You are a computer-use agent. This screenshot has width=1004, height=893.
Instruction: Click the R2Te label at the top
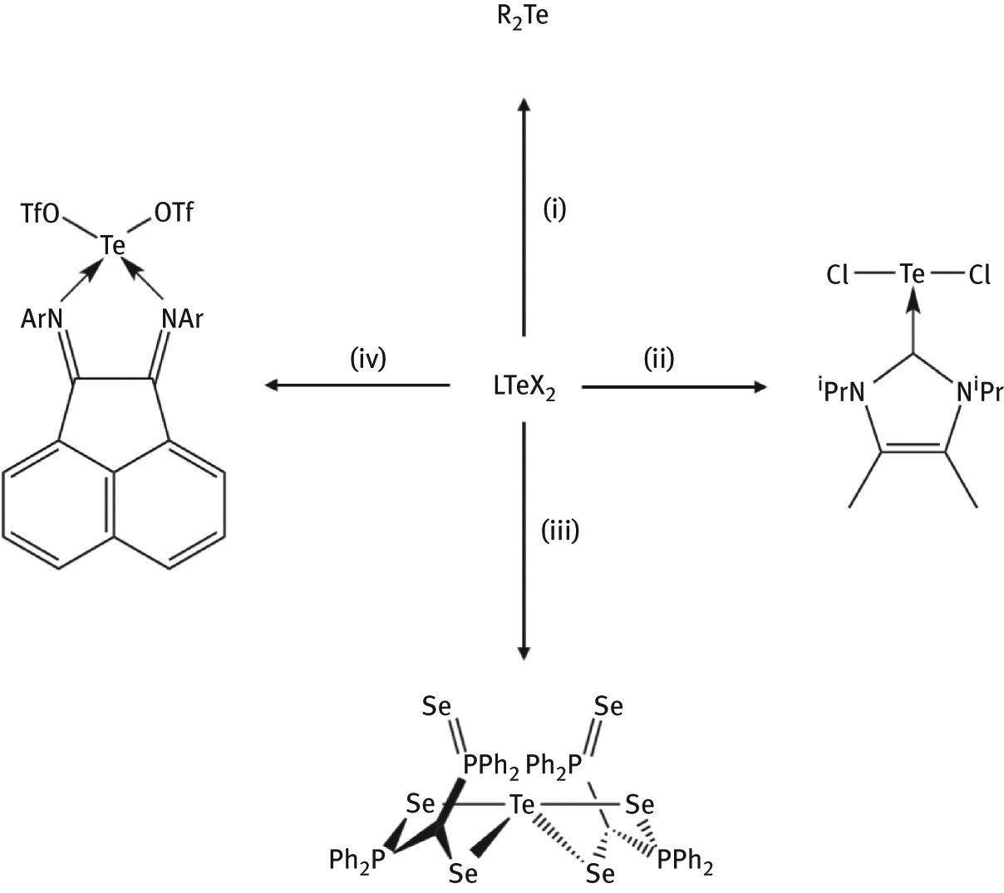coord(523,17)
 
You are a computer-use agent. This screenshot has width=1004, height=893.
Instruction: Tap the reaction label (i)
coord(554,210)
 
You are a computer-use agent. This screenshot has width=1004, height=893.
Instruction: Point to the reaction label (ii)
coord(659,359)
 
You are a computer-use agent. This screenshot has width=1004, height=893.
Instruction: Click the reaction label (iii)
coord(560,531)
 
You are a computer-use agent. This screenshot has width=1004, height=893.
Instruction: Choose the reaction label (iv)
coord(368,359)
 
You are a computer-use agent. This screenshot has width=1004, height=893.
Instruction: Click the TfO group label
coord(40,214)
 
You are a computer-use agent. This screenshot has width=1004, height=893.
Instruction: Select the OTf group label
coord(174,213)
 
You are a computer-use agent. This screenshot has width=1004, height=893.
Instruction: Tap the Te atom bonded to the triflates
coord(113,245)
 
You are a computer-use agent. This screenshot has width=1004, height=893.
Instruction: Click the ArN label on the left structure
coord(42,320)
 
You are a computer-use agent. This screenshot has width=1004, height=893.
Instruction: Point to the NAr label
coord(182,319)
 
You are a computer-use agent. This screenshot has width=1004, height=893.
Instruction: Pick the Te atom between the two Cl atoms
coord(913,273)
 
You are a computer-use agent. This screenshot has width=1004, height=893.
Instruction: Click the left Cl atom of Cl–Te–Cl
coord(838,275)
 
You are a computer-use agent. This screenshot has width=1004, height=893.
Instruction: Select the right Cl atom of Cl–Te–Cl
coord(979,275)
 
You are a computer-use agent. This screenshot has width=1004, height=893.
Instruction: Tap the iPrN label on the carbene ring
coord(841,391)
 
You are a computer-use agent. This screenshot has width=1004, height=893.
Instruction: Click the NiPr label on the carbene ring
coord(980,391)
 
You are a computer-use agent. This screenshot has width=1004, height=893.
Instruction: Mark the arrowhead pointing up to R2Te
coord(524,105)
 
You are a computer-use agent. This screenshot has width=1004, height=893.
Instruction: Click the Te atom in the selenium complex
coord(522,805)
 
